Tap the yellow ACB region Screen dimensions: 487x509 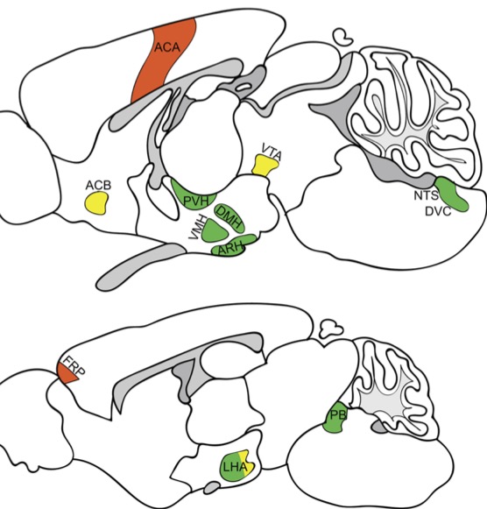pos(96,202)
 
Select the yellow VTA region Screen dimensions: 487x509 pos(265,165)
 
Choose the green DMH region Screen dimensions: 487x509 pos(229,218)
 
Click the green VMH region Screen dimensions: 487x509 pos(213,230)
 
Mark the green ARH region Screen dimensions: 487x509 pos(233,245)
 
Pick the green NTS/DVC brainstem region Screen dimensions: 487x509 pos(452,194)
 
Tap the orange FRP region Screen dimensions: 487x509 pos(67,372)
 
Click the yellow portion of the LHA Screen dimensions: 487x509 pos(247,463)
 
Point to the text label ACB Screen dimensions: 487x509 pos(98,186)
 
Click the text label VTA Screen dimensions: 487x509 pos(272,152)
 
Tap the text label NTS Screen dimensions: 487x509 pos(426,195)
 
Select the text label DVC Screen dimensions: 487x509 pos(438,212)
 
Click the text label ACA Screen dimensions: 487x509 pos(167,47)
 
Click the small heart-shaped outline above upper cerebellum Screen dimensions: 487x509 pos(343,37)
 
